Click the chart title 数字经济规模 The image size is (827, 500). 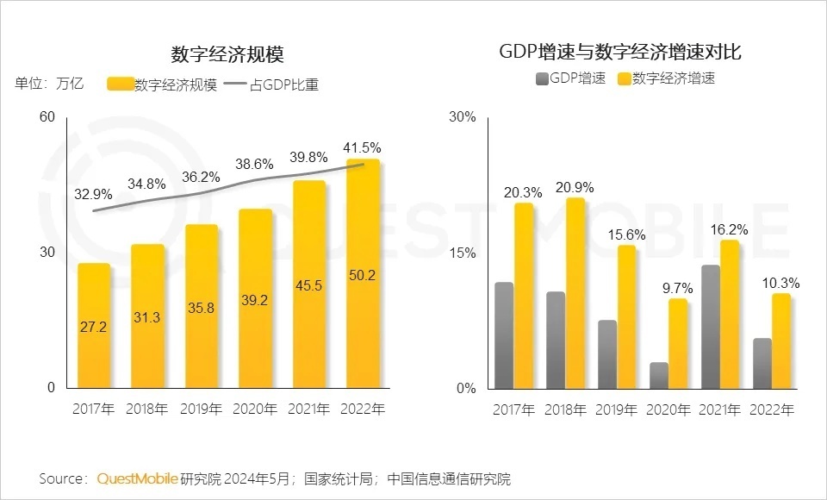(227, 53)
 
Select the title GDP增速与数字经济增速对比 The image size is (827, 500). (620, 52)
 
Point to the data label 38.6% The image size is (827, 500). (254, 164)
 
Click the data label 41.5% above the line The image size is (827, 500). (363, 147)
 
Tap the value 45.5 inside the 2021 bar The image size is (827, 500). (308, 285)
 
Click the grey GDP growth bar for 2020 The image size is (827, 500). (659, 375)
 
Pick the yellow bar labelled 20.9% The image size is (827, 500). (575, 293)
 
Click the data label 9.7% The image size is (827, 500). (678, 288)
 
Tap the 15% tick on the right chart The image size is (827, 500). (463, 253)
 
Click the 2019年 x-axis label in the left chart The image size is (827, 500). (201, 409)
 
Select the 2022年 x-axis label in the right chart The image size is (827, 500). (772, 409)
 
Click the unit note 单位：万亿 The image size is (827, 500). (49, 84)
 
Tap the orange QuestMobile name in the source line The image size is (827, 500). (138, 478)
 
